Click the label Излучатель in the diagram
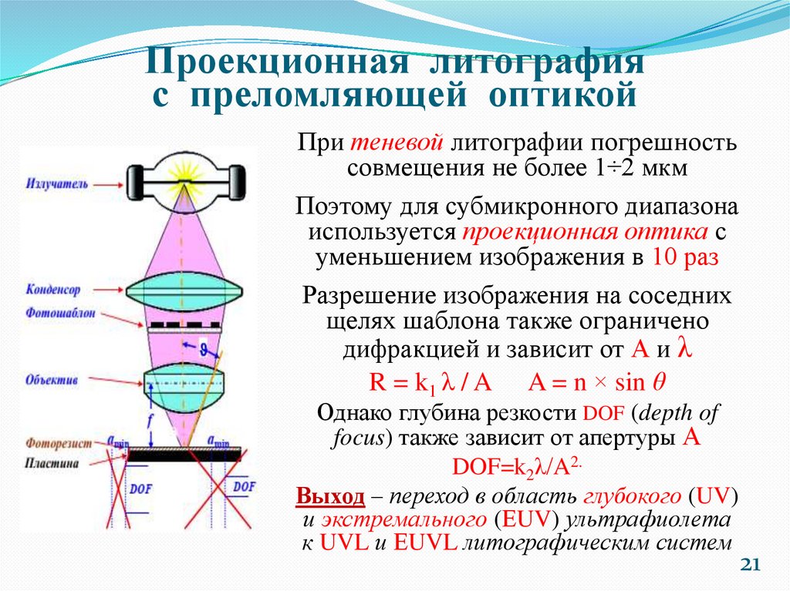(56, 185)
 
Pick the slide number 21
(751, 566)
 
